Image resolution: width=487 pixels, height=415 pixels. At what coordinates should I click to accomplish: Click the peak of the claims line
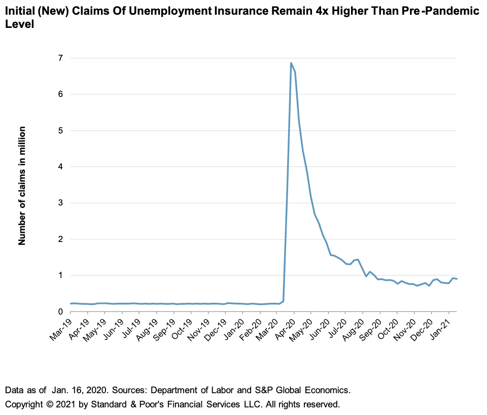[x=291, y=63]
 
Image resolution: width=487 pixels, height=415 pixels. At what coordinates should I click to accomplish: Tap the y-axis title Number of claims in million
[x=22, y=186]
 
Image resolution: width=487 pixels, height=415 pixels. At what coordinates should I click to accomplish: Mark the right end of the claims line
[x=457, y=279]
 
